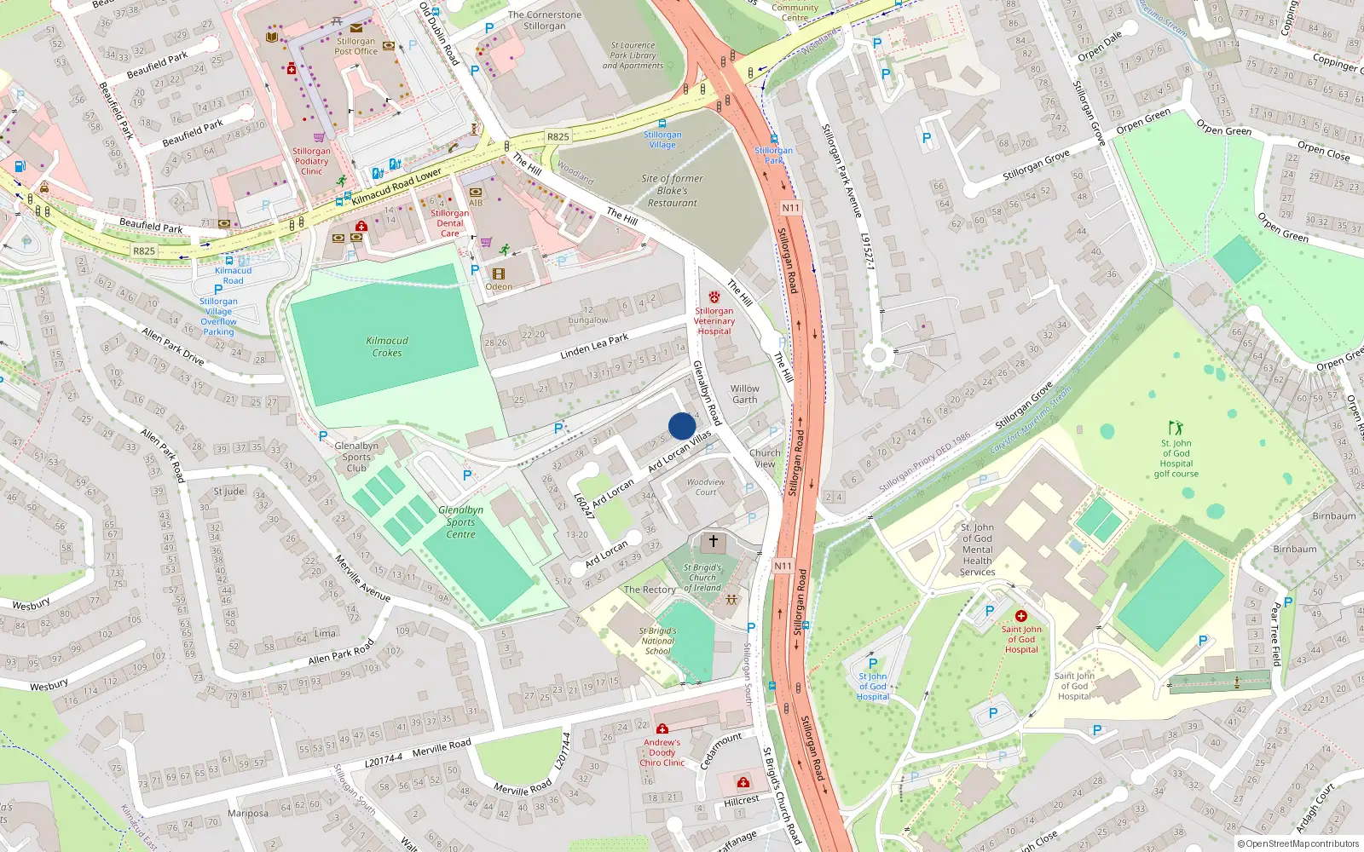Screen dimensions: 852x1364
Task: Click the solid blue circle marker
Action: click(682, 426)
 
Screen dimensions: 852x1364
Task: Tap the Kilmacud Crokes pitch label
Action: click(387, 347)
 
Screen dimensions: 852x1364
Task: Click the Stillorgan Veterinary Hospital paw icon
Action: click(714, 297)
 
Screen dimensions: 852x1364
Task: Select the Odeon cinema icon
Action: click(499, 274)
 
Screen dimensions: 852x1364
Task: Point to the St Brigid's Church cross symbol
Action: click(714, 541)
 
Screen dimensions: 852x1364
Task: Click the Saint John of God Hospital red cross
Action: click(1020, 616)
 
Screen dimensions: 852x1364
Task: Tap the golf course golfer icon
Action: click(1176, 428)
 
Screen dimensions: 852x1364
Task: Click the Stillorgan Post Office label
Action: click(355, 46)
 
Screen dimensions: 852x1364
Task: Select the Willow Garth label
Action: click(744, 394)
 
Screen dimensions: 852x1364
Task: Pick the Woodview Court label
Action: click(706, 486)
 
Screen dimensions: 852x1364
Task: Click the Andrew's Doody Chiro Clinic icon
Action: click(662, 728)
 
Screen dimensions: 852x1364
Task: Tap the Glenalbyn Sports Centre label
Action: click(460, 522)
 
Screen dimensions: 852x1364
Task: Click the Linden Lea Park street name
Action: click(594, 345)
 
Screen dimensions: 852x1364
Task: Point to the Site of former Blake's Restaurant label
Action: click(672, 191)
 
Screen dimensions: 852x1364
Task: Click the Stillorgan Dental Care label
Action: click(449, 223)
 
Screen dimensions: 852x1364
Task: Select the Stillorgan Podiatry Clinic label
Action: click(311, 161)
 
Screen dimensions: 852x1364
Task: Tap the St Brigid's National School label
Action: click(657, 641)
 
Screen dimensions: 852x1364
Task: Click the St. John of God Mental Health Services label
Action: click(977, 550)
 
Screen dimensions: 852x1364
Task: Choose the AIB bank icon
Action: click(476, 192)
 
